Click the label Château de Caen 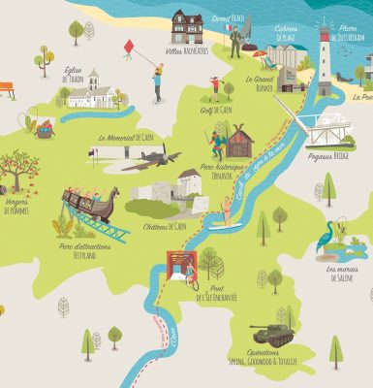point(164,226)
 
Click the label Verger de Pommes point(16,208)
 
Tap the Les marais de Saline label point(345,273)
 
